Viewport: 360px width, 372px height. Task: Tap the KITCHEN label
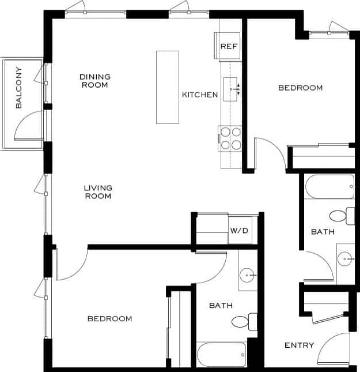200,95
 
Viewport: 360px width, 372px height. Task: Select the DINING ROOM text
94,81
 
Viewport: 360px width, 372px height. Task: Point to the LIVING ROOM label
98,192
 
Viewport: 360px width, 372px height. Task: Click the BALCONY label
19,88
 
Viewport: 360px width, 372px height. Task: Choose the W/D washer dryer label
239,231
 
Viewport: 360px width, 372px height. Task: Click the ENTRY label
299,345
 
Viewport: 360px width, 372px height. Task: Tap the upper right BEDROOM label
300,88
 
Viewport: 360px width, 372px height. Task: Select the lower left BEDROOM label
109,318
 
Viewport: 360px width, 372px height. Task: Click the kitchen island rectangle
168,87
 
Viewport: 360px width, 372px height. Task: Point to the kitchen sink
231,89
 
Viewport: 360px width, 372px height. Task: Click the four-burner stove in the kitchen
230,138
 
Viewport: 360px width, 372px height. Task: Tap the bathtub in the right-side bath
329,187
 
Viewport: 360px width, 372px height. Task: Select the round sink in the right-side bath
347,260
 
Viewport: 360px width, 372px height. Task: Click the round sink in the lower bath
248,275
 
